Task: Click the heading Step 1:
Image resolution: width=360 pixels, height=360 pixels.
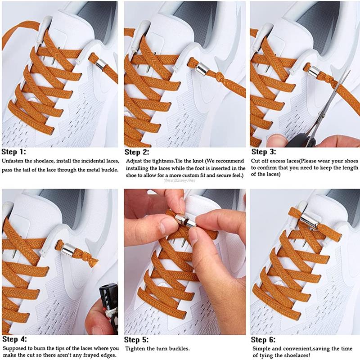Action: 14,152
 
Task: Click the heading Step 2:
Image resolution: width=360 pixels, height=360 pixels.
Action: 137,152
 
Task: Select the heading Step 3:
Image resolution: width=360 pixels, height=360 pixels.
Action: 263,152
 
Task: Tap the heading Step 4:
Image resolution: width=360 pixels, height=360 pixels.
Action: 14,339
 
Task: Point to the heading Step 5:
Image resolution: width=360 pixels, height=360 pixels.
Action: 137,340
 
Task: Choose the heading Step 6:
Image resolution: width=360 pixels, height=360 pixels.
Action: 263,340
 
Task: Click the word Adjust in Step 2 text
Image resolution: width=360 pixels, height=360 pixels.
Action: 135,161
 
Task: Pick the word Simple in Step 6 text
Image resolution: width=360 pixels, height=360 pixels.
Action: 261,349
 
